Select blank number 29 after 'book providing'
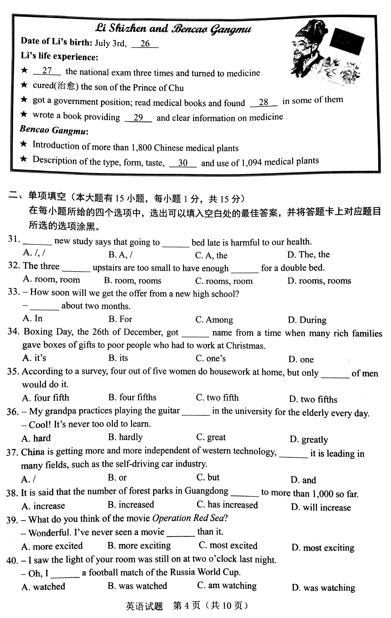click(138, 118)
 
